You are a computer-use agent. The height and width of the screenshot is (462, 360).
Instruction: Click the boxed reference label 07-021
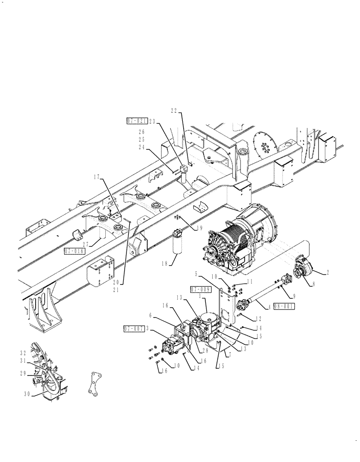pyautogui.click(x=137, y=121)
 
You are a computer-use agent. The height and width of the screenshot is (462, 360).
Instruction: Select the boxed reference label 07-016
pyautogui.click(x=74, y=252)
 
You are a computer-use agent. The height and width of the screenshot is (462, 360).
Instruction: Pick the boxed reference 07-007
pyautogui.click(x=132, y=328)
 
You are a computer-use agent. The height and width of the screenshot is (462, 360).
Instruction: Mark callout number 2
pyautogui.click(x=327, y=273)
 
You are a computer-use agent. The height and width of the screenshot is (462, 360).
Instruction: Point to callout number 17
pyautogui.click(x=96, y=176)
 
